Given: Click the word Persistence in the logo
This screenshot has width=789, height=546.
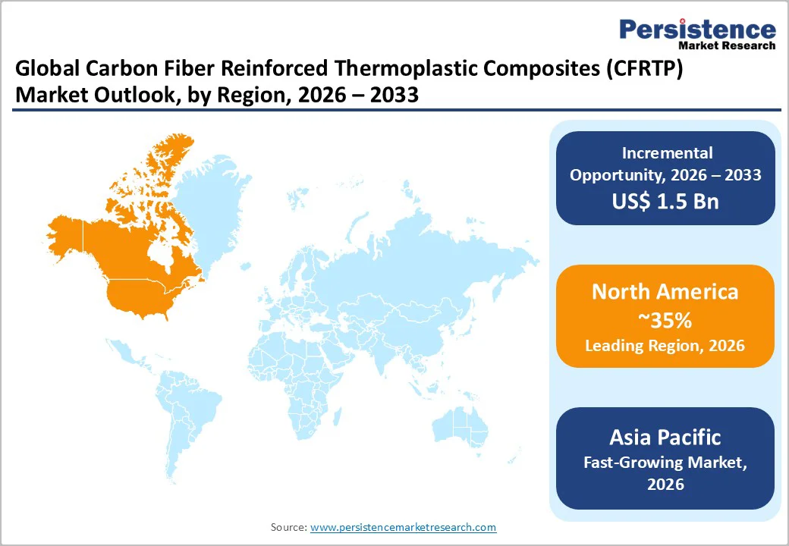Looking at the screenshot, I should coord(697,29).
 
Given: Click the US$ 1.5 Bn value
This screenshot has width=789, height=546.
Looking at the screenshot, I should coord(665,202).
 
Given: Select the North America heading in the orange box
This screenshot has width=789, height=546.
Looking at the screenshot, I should coord(665,292).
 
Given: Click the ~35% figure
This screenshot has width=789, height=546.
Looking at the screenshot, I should coord(665,320).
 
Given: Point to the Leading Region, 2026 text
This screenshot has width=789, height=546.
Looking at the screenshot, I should coord(665,346).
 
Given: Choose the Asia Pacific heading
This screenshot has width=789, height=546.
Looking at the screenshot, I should coord(665,437).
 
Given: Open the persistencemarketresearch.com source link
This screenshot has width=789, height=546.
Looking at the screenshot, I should coord(403,527).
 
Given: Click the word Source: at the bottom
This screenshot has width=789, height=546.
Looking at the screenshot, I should coord(289,527).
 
